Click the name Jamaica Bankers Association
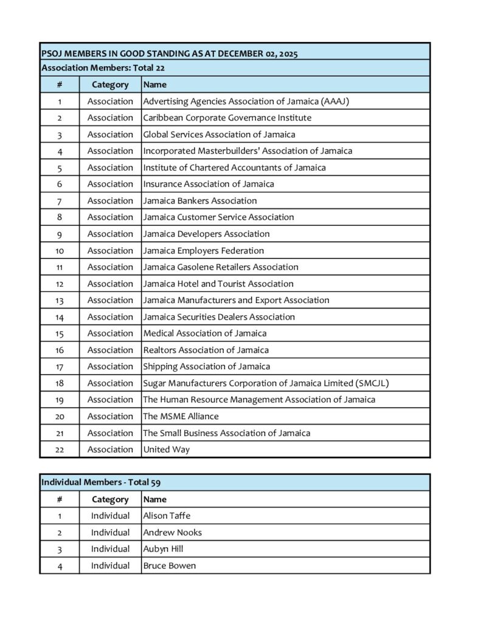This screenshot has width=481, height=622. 200,200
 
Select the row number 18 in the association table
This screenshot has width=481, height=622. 60,383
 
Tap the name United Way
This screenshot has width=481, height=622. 167,449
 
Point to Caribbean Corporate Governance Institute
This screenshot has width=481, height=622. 227,118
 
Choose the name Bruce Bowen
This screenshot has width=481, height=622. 170,566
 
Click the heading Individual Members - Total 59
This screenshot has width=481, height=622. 100,482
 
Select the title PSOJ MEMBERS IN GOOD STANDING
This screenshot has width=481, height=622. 170,54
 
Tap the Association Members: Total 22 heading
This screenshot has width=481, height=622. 103,68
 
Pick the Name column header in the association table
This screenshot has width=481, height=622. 155,84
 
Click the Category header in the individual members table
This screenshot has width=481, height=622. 110,499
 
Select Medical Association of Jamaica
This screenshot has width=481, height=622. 205,333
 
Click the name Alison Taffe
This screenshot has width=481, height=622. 167,516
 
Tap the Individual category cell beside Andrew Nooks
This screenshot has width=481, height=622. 110,532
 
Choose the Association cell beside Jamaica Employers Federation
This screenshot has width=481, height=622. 110,250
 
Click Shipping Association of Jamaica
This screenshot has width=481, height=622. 207,366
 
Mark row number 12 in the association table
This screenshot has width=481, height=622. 60,284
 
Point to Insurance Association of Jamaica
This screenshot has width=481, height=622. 209,184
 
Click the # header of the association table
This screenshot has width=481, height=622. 60,84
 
